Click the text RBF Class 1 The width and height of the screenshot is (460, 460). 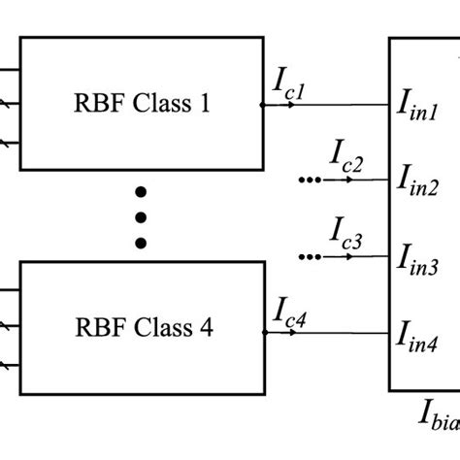pos(142,104)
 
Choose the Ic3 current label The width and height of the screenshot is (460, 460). pos(345,235)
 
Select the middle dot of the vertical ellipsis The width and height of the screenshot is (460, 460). pos(142,215)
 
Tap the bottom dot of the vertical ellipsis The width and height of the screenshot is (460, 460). pos(142,243)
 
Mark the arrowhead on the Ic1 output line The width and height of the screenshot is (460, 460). pos(292,104)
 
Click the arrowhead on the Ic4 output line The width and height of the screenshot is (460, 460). pos(292,333)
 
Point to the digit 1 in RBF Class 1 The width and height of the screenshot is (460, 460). pos(204,104)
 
